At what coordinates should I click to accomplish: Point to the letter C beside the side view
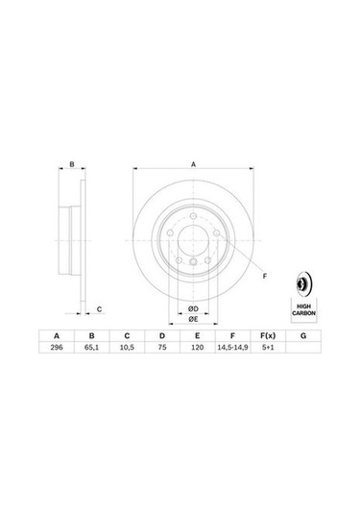(x=99, y=309)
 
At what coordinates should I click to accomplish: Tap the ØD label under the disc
(x=192, y=306)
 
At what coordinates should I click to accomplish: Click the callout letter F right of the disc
(x=264, y=277)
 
